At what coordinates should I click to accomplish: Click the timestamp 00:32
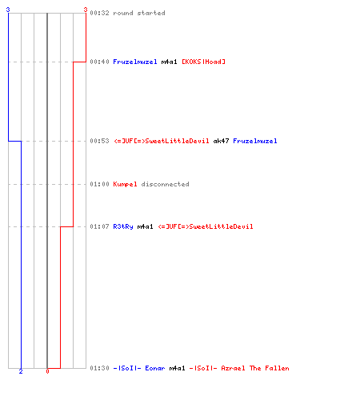pyautogui.click(x=99, y=13)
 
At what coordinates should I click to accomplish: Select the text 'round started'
pyautogui.click(x=139, y=13)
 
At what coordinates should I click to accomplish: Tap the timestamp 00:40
pyautogui.click(x=99, y=62)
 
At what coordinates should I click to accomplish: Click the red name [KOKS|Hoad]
pyautogui.click(x=203, y=62)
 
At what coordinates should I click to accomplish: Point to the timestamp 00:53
pyautogui.click(x=99, y=141)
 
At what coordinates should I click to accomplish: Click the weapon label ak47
pyautogui.click(x=221, y=141)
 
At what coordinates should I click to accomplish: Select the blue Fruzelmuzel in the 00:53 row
pyautogui.click(x=255, y=141)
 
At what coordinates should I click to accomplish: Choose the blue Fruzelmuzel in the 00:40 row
pyautogui.click(x=135, y=62)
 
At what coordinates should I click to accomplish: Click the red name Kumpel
pyautogui.click(x=125, y=184)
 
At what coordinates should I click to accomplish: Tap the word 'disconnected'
pyautogui.click(x=165, y=184)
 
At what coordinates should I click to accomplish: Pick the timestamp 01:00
pyautogui.click(x=99, y=184)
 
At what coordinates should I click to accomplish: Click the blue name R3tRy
pyautogui.click(x=123, y=226)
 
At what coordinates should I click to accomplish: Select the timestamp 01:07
pyautogui.click(x=99, y=226)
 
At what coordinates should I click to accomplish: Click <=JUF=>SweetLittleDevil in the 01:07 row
pyautogui.click(x=206, y=226)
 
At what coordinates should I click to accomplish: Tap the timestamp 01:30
pyautogui.click(x=99, y=368)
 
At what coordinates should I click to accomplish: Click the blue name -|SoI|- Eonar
pyautogui.click(x=139, y=368)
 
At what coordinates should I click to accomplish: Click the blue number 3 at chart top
pyautogui.click(x=8, y=10)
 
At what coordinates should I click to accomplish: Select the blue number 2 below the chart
pyautogui.click(x=21, y=371)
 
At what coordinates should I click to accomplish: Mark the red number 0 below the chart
pyautogui.click(x=47, y=371)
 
